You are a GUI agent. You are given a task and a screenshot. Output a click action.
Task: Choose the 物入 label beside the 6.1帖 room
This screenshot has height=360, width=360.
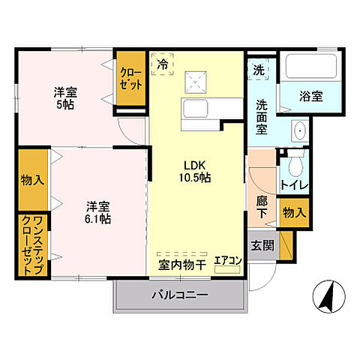pos(33,180)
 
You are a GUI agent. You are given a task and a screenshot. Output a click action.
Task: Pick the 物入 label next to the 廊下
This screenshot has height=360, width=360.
pos(293,212)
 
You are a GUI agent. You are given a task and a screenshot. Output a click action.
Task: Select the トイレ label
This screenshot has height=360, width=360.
pos(293,184)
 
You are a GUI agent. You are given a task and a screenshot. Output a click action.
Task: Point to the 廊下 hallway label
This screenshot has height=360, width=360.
pos(262,208)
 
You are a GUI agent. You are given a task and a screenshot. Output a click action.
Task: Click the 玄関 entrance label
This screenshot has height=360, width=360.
pos(262,246)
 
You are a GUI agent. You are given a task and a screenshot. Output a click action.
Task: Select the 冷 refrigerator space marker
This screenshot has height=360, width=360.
pos(163,65)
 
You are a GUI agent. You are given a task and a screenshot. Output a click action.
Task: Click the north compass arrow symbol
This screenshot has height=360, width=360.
pos(327,295)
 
